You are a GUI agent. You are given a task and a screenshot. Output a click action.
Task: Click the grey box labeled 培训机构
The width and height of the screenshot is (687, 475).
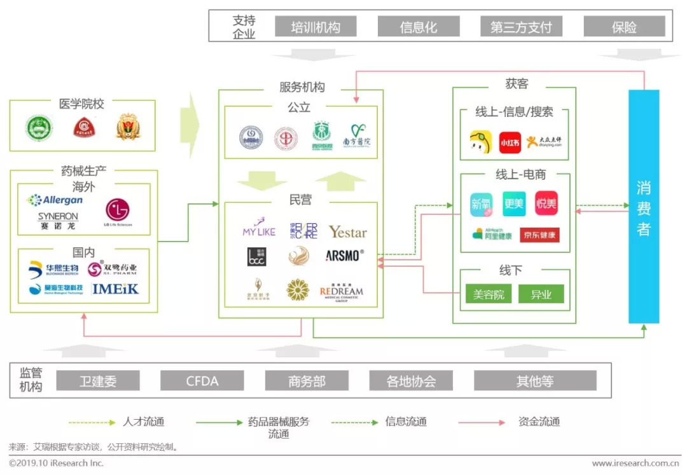pos(316,27)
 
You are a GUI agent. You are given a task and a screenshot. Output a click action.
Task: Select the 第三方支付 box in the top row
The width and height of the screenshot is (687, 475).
pos(521,27)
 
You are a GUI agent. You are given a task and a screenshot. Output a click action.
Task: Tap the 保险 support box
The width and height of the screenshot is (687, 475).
pos(624,27)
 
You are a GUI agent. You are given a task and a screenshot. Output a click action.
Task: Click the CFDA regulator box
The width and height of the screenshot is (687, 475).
pos(202,381)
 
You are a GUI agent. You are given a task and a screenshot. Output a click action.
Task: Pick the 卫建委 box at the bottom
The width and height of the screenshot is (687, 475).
pos(98,381)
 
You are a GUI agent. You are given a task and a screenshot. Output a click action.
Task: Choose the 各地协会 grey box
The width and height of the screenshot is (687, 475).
pos(411,381)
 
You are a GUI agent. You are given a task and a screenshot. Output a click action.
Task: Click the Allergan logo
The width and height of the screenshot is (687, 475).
pos(55,200)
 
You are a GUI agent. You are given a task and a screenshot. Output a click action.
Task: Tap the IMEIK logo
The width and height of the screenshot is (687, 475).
pos(115,289)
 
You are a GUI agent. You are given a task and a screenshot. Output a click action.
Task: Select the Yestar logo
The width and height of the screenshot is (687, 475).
pos(347,232)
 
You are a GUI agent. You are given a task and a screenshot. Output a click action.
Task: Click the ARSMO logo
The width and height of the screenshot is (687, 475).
pos(345,256)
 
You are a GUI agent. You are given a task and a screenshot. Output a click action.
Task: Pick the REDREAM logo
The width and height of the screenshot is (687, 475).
pos(342,292)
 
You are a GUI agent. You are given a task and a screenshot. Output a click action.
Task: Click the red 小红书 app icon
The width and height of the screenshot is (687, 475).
pos(510,142)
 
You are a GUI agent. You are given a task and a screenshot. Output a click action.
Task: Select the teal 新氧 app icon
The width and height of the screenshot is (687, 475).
pos(482,203)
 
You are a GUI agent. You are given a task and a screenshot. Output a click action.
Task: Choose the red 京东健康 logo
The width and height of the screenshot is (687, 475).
pos(539,235)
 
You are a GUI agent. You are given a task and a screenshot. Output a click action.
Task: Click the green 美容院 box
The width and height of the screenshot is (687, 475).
pos(489,294)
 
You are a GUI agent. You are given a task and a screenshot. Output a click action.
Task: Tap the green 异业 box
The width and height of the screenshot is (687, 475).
pos(541,294)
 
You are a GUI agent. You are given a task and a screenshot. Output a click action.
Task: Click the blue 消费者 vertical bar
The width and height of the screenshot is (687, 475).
pos(644,207)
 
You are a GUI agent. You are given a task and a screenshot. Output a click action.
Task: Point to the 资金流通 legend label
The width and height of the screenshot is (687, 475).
pos(539,422)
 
